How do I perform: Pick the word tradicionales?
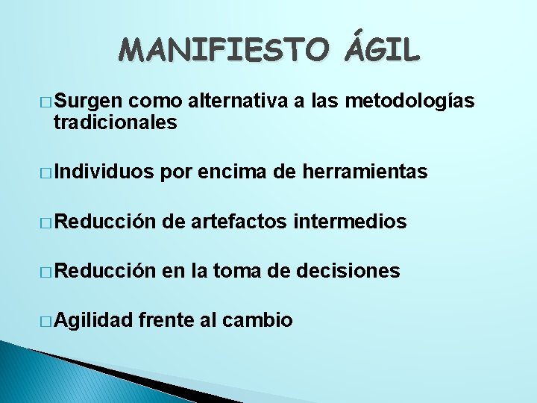point(115,123)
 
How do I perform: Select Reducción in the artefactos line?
point(104,222)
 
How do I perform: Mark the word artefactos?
point(240,222)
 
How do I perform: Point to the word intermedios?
point(351,222)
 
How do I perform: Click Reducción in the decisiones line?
point(104,271)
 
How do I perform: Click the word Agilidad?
point(92,320)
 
